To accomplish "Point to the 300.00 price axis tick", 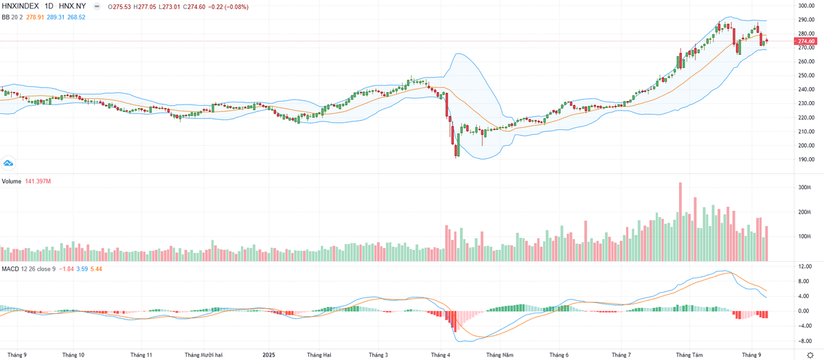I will click(x=805, y=6).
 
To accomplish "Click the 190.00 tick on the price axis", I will click(x=805, y=159).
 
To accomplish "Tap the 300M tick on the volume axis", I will click(x=804, y=188).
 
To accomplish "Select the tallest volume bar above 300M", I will click(x=680, y=220).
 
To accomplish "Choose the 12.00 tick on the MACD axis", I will click(x=804, y=266).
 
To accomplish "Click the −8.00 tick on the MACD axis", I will click(x=804, y=340).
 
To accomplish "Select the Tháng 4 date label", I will click(x=440, y=355).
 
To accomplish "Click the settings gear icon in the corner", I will click(x=810, y=354).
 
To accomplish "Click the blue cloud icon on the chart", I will click(x=9, y=164).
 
